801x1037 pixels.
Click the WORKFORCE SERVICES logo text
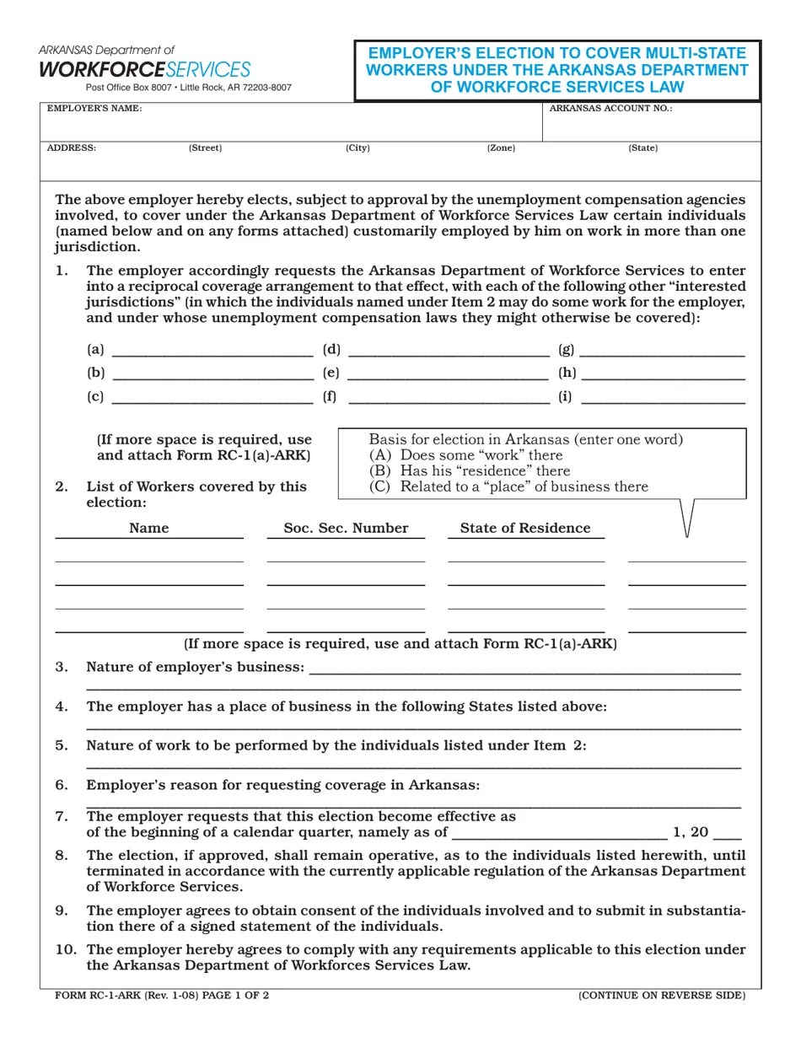point(145,69)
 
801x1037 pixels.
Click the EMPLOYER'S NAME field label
point(94,109)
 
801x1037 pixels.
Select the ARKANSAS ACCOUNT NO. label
point(610,109)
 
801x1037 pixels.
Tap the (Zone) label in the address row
point(501,148)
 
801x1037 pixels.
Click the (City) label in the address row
point(357,148)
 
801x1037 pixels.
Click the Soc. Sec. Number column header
point(346,529)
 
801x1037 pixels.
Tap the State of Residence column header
point(525,529)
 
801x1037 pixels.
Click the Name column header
point(149,529)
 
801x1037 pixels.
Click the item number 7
point(62,816)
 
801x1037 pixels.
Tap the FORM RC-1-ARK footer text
point(162,996)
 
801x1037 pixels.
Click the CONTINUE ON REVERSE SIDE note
point(662,996)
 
